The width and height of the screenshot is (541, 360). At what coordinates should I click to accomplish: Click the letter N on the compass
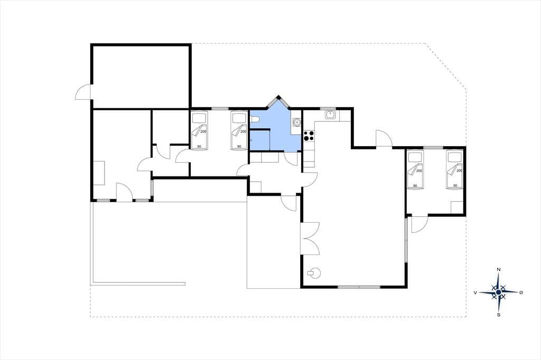(x=498, y=269)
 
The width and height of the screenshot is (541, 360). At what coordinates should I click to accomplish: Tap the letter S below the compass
(x=499, y=315)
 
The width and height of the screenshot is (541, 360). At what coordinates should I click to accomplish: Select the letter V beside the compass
(x=475, y=293)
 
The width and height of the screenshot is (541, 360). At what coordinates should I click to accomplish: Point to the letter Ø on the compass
(x=520, y=292)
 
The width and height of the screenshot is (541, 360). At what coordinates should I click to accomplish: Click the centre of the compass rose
(x=498, y=292)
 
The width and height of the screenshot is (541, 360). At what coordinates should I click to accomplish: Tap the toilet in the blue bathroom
(x=255, y=119)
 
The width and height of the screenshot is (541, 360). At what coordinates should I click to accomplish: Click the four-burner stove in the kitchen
(x=309, y=136)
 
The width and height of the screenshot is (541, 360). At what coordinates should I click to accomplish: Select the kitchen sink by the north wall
(x=330, y=115)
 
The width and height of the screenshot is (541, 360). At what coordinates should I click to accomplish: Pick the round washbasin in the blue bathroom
(x=296, y=122)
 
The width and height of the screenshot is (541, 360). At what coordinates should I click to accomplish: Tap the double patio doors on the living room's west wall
(x=310, y=239)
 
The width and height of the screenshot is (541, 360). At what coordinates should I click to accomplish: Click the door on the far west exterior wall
(x=83, y=92)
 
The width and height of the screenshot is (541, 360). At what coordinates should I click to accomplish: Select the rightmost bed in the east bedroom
(x=454, y=169)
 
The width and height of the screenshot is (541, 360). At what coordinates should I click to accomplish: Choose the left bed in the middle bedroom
(x=199, y=130)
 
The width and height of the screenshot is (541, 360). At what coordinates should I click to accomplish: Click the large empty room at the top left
(x=141, y=76)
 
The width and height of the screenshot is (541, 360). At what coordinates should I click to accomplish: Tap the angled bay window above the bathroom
(x=278, y=102)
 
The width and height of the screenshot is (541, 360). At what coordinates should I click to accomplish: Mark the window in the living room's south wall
(x=359, y=287)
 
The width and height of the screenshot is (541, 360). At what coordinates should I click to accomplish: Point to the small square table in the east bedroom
(x=457, y=207)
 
